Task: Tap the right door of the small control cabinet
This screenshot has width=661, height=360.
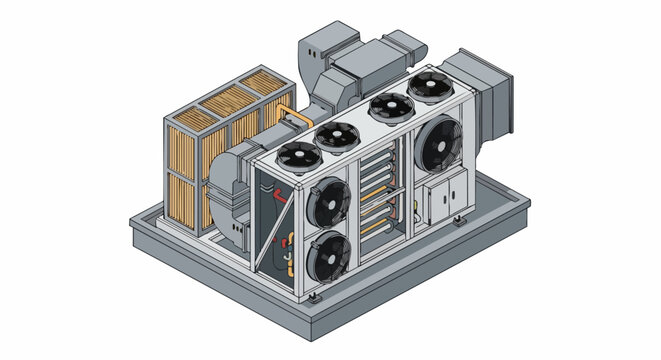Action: (458, 191)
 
